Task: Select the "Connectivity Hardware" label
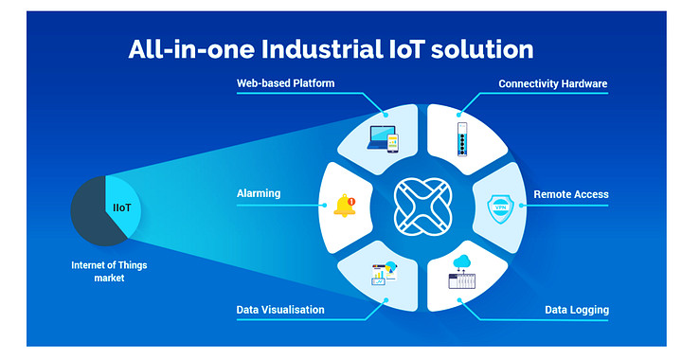(x=553, y=84)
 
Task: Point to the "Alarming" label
(x=259, y=194)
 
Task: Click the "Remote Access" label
(x=570, y=194)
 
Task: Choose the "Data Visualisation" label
(x=280, y=310)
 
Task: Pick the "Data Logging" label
(x=576, y=310)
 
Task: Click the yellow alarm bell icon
(x=344, y=206)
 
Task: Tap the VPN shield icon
(x=497, y=206)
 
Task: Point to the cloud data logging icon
(x=463, y=272)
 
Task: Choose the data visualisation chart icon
(x=384, y=273)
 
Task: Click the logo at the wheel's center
(x=422, y=205)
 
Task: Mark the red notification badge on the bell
(x=351, y=200)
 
